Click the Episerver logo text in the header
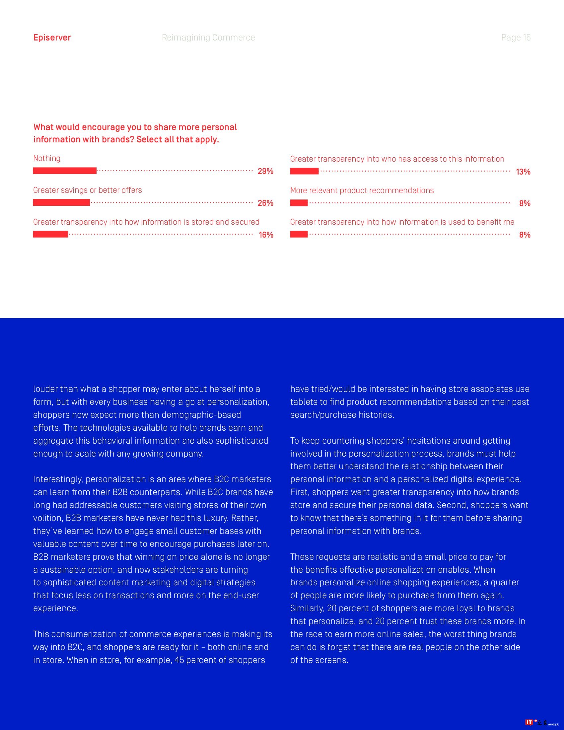coord(52,37)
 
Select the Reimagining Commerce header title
coord(208,37)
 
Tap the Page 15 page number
coord(516,37)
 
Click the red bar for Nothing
coord(64,171)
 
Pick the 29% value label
coord(265,171)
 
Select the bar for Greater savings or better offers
coord(61,202)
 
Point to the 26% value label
coord(265,203)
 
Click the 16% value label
coord(266,235)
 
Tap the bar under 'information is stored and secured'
coord(50,234)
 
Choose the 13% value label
coord(523,172)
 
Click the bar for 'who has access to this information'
coord(304,172)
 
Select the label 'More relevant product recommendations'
coord(362,190)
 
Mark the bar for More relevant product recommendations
coord(299,203)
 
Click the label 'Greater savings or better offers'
coord(88,190)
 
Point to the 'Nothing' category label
coord(47,158)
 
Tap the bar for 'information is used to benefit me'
coord(299,234)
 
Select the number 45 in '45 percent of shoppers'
coord(179,660)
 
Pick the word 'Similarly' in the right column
coord(307,608)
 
